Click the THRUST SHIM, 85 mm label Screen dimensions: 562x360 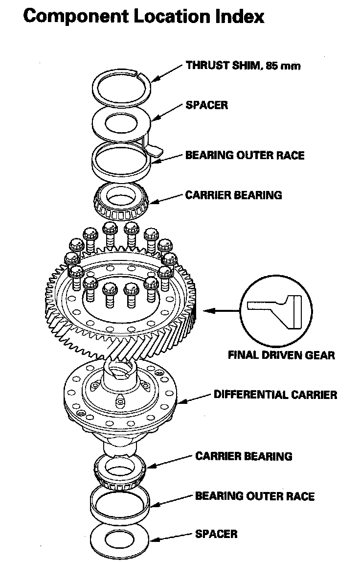243,65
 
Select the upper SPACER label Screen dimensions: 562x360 206,105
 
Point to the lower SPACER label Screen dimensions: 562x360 216,533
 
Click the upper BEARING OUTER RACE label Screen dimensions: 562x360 245,155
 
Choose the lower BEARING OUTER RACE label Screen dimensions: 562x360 254,496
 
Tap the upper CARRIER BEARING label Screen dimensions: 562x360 233,195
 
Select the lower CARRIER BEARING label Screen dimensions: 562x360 244,456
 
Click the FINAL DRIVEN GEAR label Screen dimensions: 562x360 281,354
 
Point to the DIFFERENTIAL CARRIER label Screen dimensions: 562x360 275,394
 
